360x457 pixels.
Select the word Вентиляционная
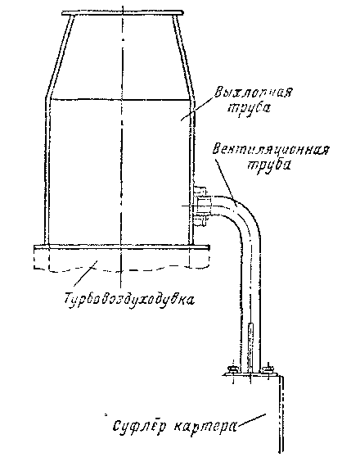point(271,151)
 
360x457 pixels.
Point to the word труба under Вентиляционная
point(269,165)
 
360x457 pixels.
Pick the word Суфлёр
point(139,427)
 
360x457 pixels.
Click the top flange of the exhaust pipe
point(123,13)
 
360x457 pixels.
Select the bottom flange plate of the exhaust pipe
point(122,247)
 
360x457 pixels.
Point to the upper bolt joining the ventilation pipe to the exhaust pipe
point(200,190)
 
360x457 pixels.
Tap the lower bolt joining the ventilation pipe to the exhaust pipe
point(200,221)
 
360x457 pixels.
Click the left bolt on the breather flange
point(232,369)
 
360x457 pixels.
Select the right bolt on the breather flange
point(268,369)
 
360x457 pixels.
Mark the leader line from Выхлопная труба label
point(196,108)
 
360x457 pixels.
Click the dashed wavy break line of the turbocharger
point(122,268)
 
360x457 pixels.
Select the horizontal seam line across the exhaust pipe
point(120,100)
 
